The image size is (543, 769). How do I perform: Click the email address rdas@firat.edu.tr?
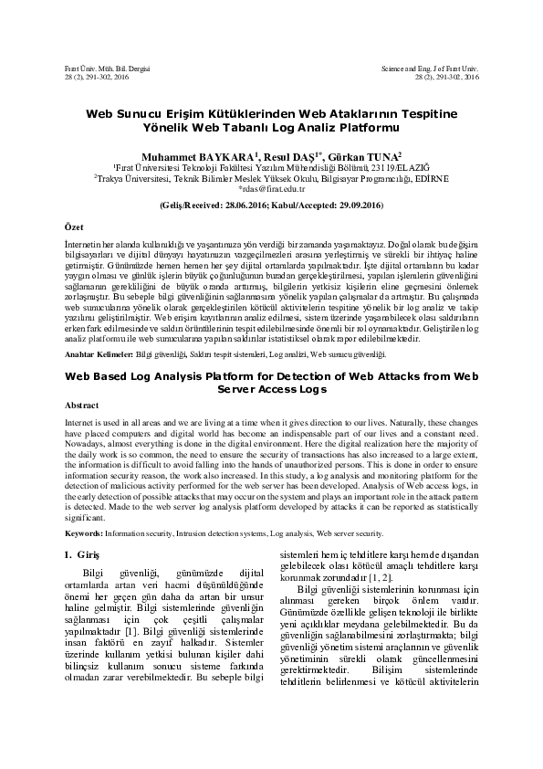coord(271,188)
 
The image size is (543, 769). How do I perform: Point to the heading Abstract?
coord(82,405)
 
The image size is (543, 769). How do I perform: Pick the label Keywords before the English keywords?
coord(83,531)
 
